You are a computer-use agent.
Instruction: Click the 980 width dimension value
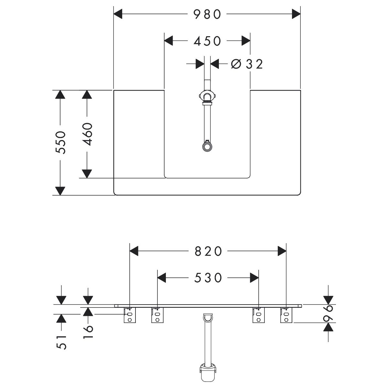[207, 14]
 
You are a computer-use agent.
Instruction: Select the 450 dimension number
[207, 41]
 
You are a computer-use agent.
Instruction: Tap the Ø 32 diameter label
[247, 64]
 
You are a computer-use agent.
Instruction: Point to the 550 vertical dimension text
[60, 142]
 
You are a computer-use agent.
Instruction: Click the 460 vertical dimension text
[87, 134]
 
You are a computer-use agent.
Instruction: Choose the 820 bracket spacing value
[208, 251]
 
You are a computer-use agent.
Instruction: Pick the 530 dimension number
[208, 278]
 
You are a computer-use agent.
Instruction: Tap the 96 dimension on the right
[329, 313]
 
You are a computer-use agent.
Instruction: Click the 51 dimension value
[61, 342]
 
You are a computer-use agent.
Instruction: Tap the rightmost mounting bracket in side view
[286, 315]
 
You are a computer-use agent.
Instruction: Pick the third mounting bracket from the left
[258, 315]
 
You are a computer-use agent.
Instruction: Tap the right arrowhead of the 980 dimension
[296, 14]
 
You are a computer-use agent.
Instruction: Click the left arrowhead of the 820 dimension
[134, 251]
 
